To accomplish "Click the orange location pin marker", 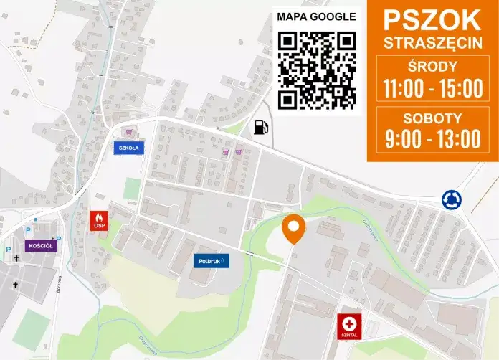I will (293, 227).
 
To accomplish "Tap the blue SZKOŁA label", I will (129, 148).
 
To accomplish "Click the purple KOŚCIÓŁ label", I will (39, 245).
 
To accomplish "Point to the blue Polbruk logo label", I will (212, 260).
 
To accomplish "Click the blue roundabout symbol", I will (451, 199).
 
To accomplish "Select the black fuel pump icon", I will (261, 128).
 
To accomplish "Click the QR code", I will (316, 70).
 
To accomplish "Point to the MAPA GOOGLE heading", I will (316, 16).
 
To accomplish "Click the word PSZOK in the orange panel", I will (432, 19).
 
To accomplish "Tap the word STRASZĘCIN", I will (432, 42).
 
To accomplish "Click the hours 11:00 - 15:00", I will (432, 89).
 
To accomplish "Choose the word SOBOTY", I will (432, 118).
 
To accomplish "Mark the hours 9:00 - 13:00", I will (432, 138).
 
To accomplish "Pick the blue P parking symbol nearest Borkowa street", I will (59, 239).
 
